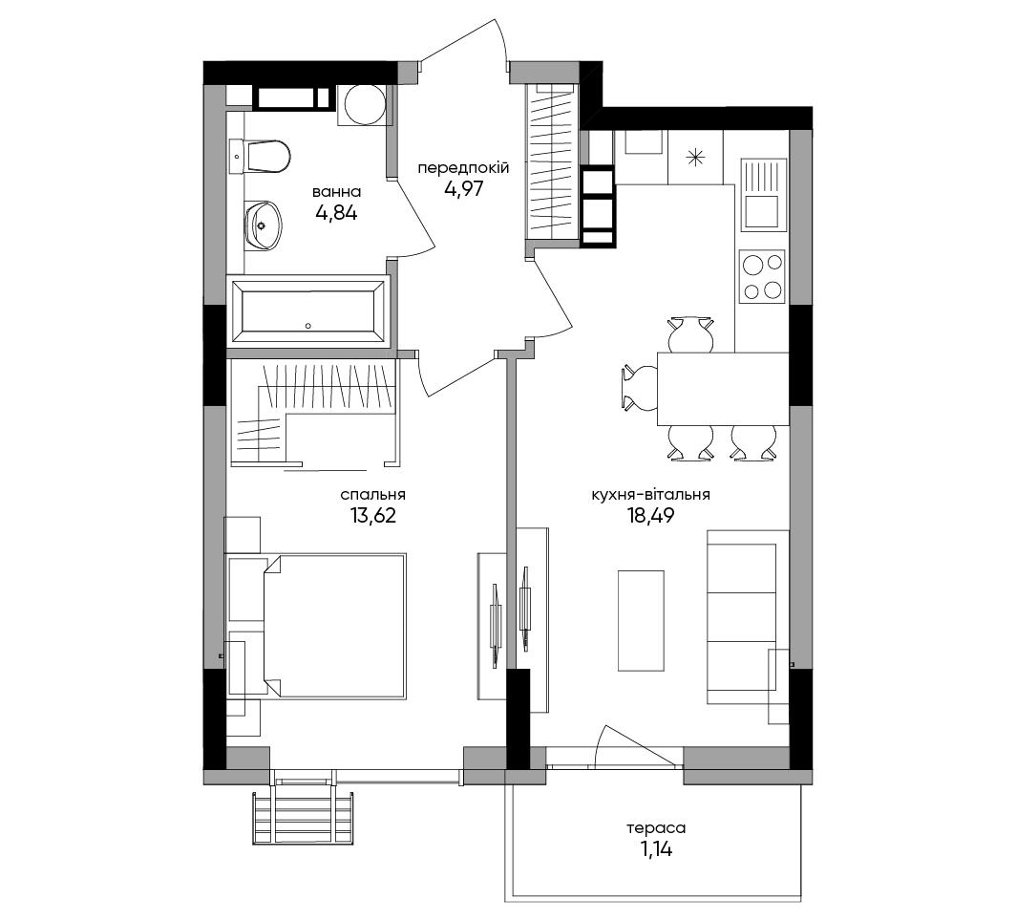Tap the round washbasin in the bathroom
click(x=264, y=225)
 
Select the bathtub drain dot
click(x=308, y=326)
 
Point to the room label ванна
click(x=337, y=192)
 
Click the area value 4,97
click(x=464, y=188)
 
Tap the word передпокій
click(x=463, y=168)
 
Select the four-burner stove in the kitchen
click(x=763, y=276)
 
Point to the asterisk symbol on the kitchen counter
click(x=695, y=157)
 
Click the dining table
click(x=723, y=389)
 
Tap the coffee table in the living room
click(x=641, y=621)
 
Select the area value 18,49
click(x=650, y=515)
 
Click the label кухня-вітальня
click(x=650, y=495)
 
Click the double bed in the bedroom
click(x=334, y=626)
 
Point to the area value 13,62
click(x=372, y=515)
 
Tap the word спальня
click(x=372, y=495)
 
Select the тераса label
click(x=656, y=828)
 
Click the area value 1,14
click(x=656, y=849)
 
